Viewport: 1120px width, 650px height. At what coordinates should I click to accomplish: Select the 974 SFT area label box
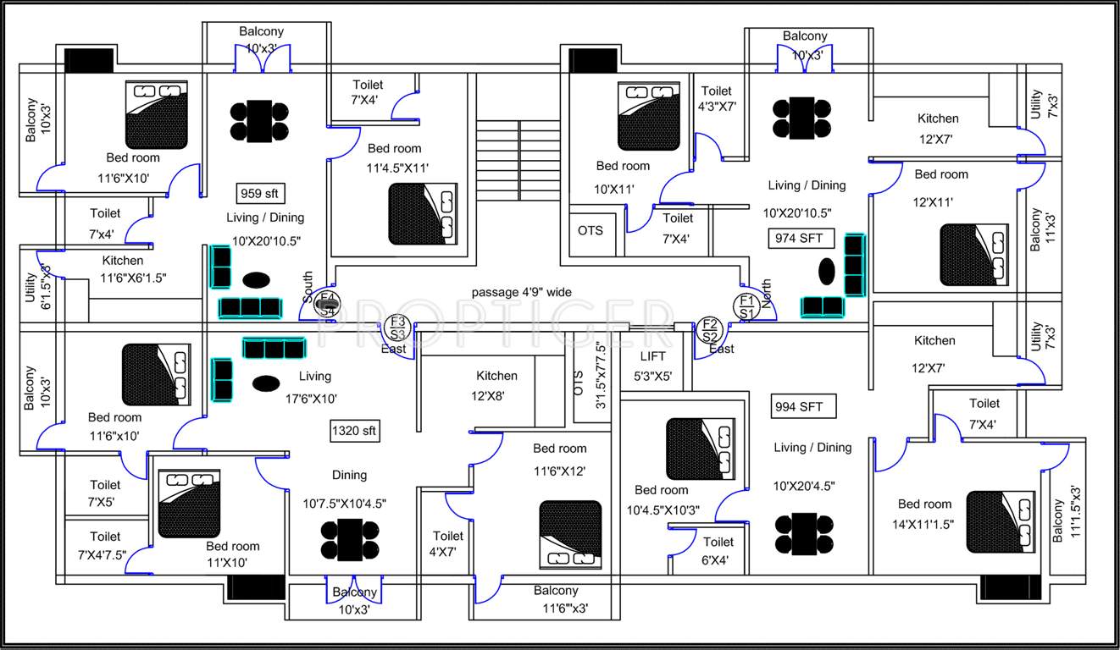click(x=800, y=238)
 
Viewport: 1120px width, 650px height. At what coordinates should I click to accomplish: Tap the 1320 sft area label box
click(x=354, y=431)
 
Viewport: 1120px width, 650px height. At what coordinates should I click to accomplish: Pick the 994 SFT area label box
click(x=798, y=406)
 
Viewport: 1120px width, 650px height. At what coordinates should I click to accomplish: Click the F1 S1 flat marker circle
click(x=746, y=306)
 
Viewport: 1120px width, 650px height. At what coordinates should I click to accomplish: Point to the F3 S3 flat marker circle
click(x=397, y=326)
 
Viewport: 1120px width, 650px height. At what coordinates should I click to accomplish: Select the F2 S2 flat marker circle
click(x=709, y=329)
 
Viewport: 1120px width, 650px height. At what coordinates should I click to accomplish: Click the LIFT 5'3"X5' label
click(x=652, y=366)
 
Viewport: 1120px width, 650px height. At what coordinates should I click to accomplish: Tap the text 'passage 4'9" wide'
click(x=521, y=292)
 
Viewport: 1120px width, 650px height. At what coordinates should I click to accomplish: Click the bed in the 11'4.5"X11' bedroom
click(x=423, y=214)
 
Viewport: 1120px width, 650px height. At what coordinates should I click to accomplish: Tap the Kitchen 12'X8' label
click(x=496, y=384)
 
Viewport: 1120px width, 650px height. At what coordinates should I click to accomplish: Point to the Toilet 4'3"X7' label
click(x=717, y=99)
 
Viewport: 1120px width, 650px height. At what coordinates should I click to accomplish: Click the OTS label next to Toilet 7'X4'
click(x=590, y=230)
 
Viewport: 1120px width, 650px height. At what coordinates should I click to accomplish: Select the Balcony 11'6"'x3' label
click(x=556, y=598)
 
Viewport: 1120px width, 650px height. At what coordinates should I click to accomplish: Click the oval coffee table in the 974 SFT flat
click(x=826, y=272)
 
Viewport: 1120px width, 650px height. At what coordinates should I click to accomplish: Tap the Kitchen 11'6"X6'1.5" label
click(x=134, y=268)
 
